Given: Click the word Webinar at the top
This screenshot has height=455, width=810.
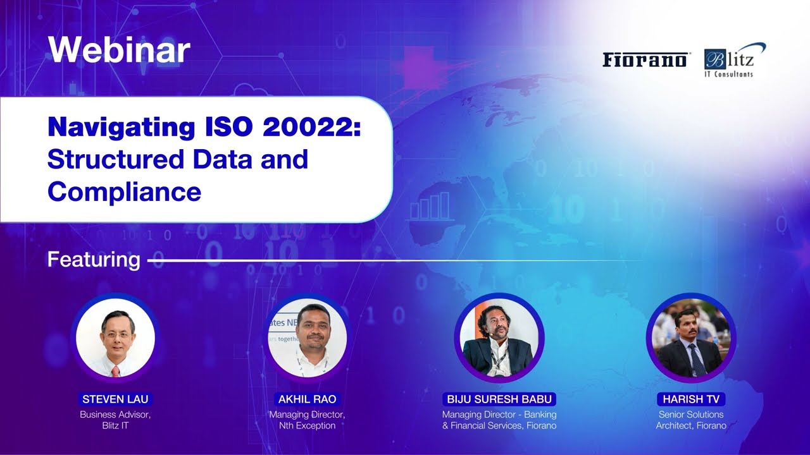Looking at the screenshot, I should coord(118,49).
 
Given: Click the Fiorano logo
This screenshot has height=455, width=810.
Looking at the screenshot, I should coord(644,60).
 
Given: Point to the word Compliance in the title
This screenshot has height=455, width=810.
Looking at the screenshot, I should coord(124,191).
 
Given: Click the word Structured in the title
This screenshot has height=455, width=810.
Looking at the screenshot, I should coord(115,159).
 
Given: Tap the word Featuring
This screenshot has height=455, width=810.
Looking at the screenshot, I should coord(94,260).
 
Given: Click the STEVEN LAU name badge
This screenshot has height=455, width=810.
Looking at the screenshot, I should coord(115,399).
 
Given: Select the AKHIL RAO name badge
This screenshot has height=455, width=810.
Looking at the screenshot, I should coord(307,399).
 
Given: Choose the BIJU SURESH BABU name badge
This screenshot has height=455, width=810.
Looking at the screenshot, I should coord(499,399).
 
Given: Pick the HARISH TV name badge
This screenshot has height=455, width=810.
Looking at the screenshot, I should coord(690,399).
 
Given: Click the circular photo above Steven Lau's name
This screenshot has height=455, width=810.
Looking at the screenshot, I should coord(115,338).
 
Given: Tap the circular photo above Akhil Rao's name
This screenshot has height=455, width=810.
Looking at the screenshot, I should coord(307,338).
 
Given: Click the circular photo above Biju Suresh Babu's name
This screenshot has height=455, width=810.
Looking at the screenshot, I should coord(499,338).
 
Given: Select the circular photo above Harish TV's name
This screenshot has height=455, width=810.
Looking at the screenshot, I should coord(690,338).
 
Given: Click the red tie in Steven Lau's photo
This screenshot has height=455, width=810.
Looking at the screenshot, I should coord(115,371).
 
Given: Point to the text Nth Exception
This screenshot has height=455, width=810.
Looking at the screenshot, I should coord(307,426).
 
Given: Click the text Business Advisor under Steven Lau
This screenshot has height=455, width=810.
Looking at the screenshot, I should coord(115,415).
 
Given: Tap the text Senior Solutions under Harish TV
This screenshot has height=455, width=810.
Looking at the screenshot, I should coord(690,415).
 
